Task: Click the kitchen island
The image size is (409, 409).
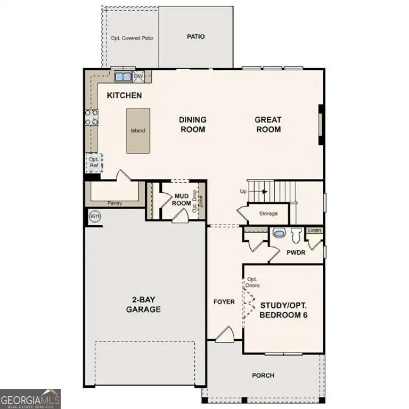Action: pyautogui.click(x=138, y=131)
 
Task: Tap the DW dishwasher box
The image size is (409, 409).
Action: pyautogui.click(x=138, y=77)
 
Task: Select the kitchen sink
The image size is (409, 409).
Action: pyautogui.click(x=123, y=77)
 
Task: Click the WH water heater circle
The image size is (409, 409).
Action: pyautogui.click(x=95, y=216)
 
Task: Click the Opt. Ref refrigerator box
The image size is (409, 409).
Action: pyautogui.click(x=94, y=162)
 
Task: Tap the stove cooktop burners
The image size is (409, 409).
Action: pyautogui.click(x=91, y=117)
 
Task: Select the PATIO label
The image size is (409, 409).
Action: pyautogui.click(x=196, y=37)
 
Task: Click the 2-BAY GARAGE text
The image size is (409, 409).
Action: pyautogui.click(x=143, y=304)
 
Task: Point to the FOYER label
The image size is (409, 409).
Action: pyautogui.click(x=224, y=302)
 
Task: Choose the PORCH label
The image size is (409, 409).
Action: pyautogui.click(x=263, y=375)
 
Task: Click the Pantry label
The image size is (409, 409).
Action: pyautogui.click(x=115, y=203)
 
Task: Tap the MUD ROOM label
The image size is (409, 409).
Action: pyautogui.click(x=183, y=200)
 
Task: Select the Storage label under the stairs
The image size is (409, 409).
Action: pyautogui.click(x=268, y=214)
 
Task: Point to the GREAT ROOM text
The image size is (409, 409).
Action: pyautogui.click(x=268, y=125)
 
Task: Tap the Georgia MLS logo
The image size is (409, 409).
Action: pyautogui.click(x=30, y=398)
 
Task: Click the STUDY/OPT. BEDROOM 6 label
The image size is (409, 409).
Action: pyautogui.click(x=284, y=310)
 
